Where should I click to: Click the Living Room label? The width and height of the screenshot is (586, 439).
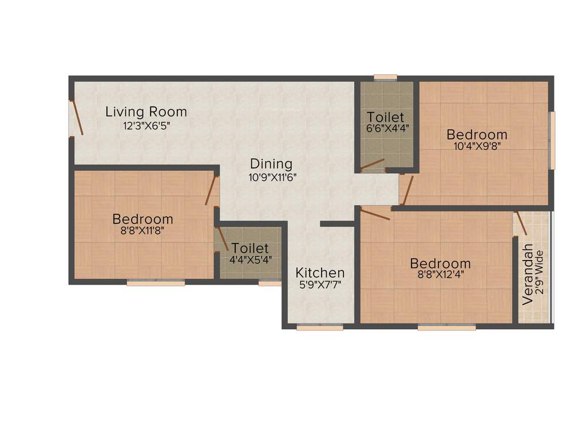[x=146, y=111]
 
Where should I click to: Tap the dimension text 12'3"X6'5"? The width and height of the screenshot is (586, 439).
[x=146, y=125]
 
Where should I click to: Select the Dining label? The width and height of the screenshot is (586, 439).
[x=271, y=164]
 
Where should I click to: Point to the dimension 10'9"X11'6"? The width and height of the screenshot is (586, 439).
[x=272, y=177]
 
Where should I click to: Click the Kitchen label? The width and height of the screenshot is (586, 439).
[x=320, y=273]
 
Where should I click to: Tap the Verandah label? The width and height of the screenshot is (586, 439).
[x=528, y=274]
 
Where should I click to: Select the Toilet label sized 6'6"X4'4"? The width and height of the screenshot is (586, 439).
[x=385, y=117]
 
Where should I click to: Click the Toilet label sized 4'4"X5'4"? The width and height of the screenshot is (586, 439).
[x=250, y=249]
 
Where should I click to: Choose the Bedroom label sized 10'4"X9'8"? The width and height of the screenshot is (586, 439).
[x=477, y=135]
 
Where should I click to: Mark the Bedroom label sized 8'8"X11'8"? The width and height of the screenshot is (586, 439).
[x=142, y=219]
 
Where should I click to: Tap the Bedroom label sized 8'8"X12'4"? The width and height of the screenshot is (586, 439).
[x=440, y=264]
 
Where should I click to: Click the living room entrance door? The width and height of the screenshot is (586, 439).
[x=76, y=118]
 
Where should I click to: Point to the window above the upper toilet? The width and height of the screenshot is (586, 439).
[x=385, y=77]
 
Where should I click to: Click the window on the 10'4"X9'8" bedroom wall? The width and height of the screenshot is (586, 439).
[x=552, y=140]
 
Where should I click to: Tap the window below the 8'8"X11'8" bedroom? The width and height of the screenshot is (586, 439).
[x=156, y=282]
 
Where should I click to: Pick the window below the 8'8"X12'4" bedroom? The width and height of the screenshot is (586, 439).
[x=446, y=328]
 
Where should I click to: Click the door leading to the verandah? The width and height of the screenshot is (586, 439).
[x=520, y=222]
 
